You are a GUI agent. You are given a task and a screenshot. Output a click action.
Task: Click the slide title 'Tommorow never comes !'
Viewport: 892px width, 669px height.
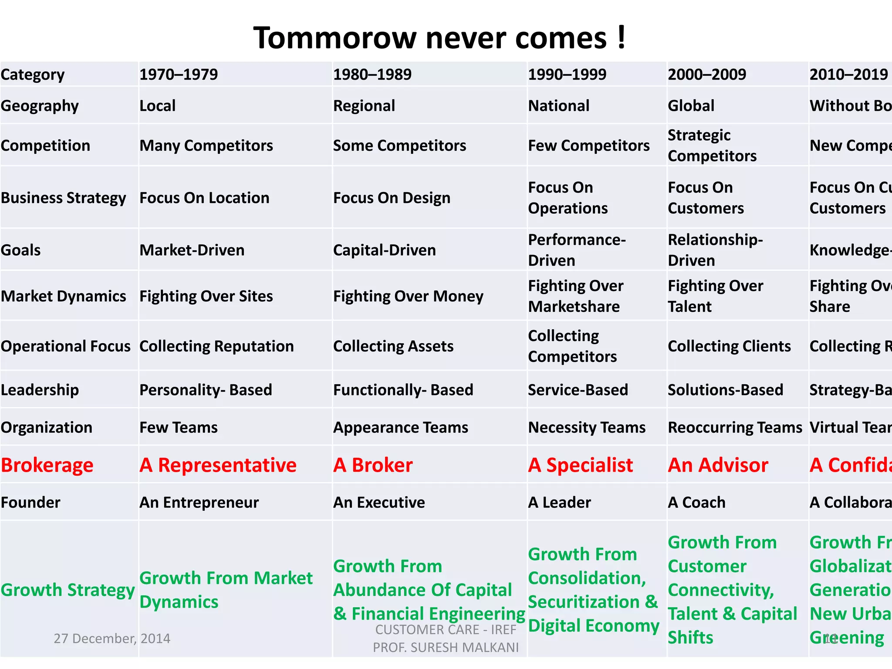(x=440, y=38)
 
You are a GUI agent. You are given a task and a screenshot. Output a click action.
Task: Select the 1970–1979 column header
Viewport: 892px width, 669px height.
(x=179, y=74)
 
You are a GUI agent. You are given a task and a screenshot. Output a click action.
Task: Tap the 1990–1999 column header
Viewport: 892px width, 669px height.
(x=567, y=74)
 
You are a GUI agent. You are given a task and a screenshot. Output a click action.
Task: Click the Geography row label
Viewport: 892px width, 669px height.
(x=40, y=106)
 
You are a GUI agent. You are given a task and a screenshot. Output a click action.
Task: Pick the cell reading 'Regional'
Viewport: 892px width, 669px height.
(x=364, y=106)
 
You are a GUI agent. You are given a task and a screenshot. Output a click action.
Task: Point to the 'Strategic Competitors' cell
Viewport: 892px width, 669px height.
(x=712, y=145)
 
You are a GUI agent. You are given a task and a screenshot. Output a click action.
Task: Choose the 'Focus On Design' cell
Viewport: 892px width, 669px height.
(x=392, y=198)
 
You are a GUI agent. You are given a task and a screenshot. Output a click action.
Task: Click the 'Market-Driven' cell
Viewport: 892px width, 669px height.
(x=192, y=250)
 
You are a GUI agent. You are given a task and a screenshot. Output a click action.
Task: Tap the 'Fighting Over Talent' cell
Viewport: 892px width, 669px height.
(x=715, y=296)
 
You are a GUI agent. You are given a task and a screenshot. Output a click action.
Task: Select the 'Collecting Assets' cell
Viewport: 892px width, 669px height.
(x=393, y=346)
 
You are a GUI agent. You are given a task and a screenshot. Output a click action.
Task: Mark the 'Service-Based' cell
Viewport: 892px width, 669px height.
(x=578, y=390)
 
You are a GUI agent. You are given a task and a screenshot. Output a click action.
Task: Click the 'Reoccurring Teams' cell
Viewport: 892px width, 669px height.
(x=735, y=428)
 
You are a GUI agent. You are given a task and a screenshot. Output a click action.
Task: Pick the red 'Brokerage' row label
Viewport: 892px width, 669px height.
(x=47, y=465)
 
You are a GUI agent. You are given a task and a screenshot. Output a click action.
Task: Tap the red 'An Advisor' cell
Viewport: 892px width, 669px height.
(x=718, y=465)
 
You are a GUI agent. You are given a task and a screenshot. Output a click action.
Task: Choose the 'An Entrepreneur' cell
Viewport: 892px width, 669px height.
(x=199, y=503)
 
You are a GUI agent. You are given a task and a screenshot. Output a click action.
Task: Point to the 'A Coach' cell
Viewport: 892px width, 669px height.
(x=696, y=503)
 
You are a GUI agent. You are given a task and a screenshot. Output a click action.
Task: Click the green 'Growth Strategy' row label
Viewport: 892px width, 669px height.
(x=68, y=590)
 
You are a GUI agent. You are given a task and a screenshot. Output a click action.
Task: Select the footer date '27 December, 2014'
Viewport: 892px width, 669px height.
(x=112, y=639)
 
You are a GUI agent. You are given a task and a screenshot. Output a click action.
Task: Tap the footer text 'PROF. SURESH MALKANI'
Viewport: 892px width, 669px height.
(x=446, y=648)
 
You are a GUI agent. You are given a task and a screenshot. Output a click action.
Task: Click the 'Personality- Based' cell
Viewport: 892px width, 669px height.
(x=206, y=390)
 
